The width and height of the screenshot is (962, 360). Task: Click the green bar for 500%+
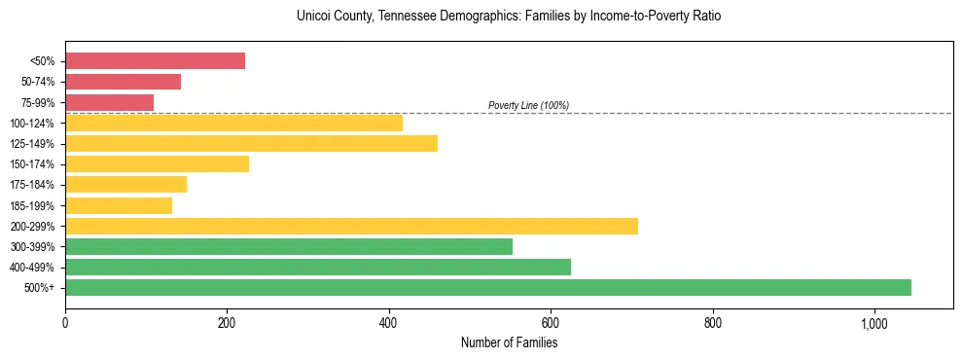tap(488, 287)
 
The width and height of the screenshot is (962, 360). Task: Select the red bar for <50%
tap(155, 61)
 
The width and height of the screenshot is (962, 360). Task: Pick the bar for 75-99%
tap(109, 102)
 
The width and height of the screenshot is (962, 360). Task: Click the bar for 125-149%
tap(251, 143)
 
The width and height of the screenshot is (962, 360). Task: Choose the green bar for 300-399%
tap(289, 246)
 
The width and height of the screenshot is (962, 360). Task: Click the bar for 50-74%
tap(123, 82)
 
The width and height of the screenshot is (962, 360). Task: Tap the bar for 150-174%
tap(157, 163)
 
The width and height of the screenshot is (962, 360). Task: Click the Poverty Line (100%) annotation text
tap(528, 105)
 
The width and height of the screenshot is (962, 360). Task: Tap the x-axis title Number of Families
tap(509, 342)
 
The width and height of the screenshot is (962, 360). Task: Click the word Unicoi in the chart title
tap(315, 17)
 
